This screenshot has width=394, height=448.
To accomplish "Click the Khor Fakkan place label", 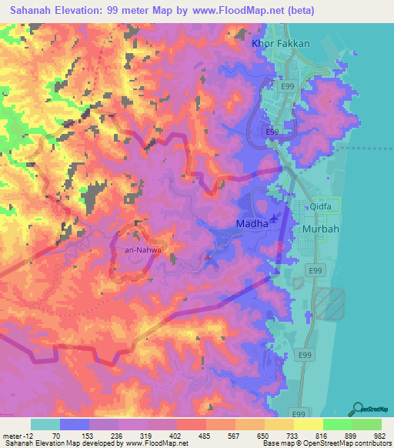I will click(x=281, y=44).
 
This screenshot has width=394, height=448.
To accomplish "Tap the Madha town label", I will click(x=252, y=223).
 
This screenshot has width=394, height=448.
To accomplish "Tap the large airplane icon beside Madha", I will click(x=277, y=220).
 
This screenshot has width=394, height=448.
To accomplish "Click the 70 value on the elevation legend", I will click(x=56, y=435).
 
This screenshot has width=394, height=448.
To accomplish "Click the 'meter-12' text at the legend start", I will click(x=16, y=435).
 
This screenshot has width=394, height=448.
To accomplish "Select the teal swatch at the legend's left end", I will click(x=45, y=424).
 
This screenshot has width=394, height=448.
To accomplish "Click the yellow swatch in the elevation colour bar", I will click(x=308, y=424).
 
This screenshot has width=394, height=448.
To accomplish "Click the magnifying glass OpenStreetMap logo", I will click(x=359, y=409).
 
